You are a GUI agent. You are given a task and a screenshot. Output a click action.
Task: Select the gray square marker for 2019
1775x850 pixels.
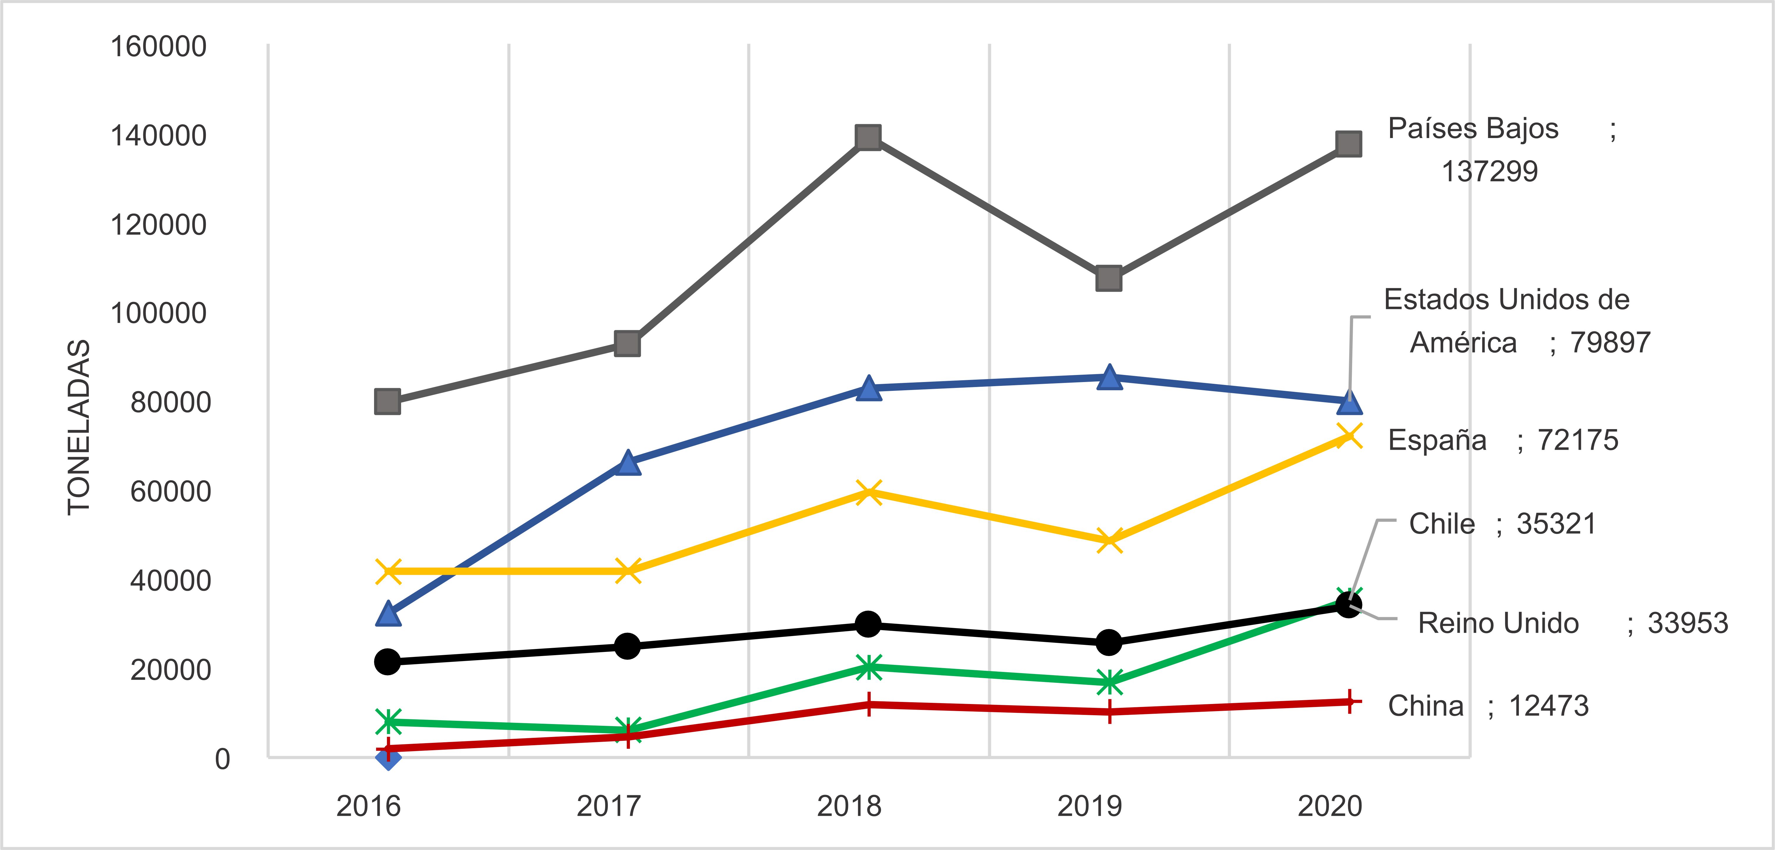[1109, 278]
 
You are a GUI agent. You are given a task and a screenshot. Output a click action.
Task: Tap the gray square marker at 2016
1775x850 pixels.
[387, 401]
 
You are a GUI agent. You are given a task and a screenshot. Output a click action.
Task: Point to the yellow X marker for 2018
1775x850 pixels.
[868, 492]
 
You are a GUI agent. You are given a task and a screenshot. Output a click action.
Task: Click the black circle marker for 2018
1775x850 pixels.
[868, 625]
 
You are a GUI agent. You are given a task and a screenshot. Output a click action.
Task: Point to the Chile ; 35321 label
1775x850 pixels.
[1502, 524]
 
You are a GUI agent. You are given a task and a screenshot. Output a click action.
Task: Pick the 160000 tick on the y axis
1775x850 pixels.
[159, 47]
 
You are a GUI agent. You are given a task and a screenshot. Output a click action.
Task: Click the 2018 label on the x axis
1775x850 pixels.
[849, 806]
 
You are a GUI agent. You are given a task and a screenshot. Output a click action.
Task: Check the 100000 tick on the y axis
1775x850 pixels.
[159, 314]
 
